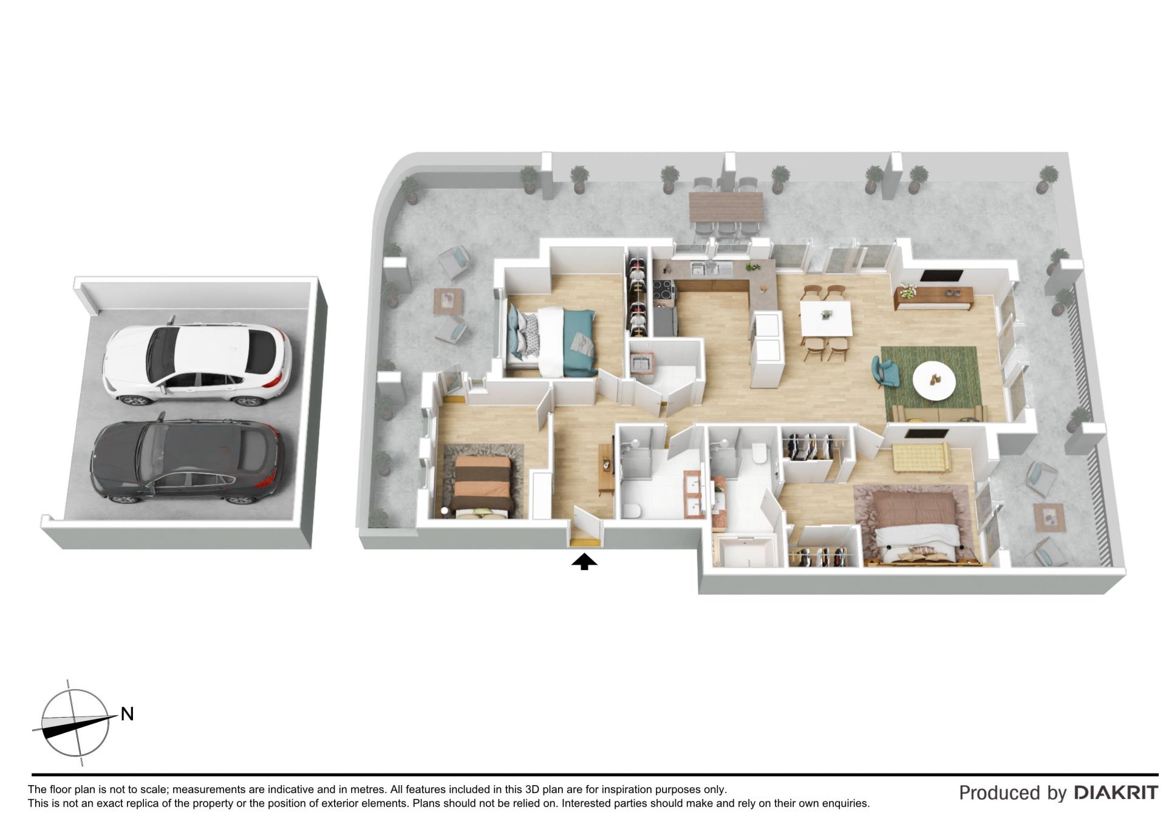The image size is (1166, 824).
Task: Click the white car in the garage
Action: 196,363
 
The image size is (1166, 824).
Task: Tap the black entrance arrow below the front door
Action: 584,562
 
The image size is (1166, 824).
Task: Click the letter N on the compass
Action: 127,714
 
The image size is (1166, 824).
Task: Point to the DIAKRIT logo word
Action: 1116,792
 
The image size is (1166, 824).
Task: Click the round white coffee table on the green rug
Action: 934,381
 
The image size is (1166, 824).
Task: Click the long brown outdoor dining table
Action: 726,207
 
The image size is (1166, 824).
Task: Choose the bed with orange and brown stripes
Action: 483,486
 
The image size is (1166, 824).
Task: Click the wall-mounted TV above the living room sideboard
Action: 941,275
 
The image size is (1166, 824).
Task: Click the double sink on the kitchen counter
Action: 705,268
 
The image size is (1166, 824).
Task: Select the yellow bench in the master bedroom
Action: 920,457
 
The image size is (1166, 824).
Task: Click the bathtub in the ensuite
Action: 745,551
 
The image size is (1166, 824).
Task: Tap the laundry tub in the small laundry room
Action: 641,363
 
